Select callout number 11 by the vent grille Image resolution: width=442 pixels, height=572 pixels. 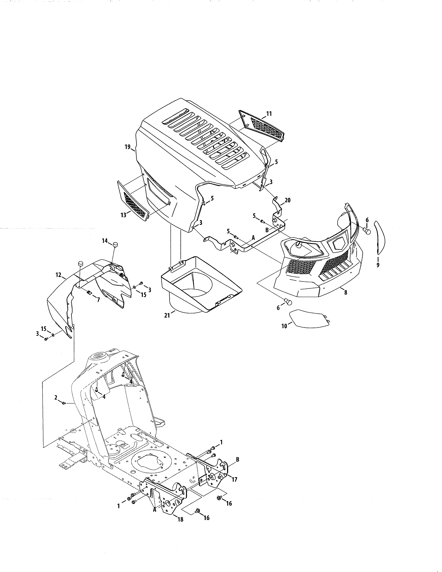[269, 114]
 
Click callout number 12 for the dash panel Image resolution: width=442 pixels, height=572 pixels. [58, 275]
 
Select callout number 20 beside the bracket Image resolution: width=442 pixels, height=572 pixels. [288, 200]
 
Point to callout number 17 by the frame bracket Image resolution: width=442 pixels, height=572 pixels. [234, 480]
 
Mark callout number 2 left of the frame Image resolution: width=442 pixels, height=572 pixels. [56, 398]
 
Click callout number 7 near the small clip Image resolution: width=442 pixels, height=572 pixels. [98, 300]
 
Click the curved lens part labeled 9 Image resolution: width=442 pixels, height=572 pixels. [381, 237]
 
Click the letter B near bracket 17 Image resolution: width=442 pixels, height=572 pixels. [237, 459]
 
